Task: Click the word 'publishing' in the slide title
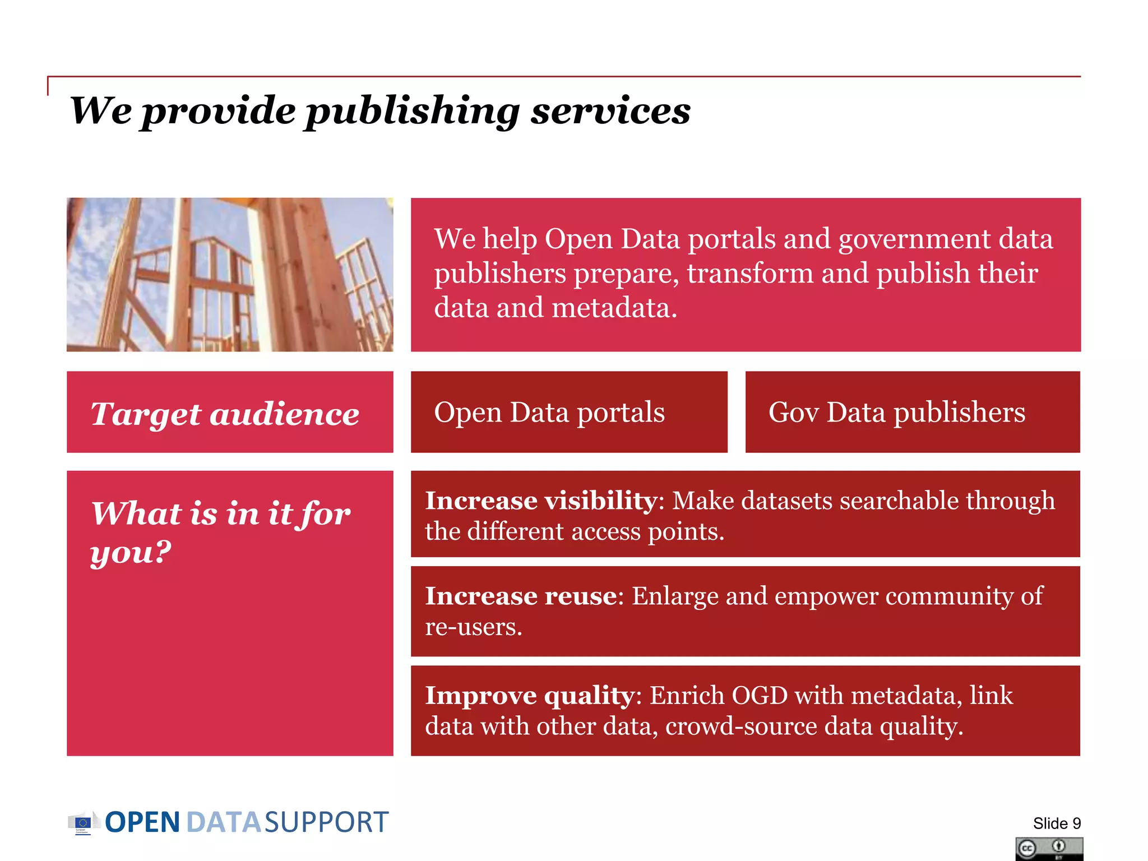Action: [x=412, y=111]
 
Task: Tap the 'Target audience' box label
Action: [x=225, y=414]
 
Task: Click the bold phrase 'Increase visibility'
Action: [x=541, y=501]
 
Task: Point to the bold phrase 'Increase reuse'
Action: [x=521, y=596]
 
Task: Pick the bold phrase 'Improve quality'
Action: [x=530, y=696]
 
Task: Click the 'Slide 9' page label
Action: [x=1057, y=823]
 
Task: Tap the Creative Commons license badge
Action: [x=1049, y=849]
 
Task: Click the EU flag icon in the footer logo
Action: [x=82, y=823]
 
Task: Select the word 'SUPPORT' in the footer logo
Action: [x=326, y=823]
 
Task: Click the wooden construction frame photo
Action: [x=230, y=275]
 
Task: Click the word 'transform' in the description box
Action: [x=750, y=274]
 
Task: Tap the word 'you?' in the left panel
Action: [x=131, y=553]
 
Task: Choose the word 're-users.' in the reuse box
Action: [x=474, y=627]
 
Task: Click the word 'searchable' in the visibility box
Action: [x=899, y=501]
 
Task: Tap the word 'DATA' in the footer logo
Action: [x=223, y=823]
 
